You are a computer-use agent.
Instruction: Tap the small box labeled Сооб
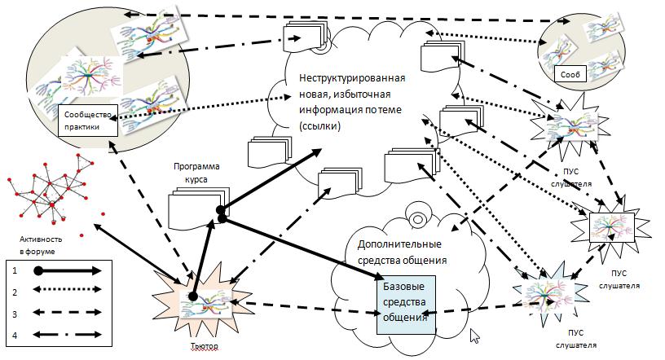click(x=570, y=74)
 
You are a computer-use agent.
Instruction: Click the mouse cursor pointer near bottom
click(x=475, y=334)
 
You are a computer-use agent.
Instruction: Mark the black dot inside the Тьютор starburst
click(x=193, y=296)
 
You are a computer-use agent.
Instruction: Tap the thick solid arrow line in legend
click(x=69, y=270)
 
